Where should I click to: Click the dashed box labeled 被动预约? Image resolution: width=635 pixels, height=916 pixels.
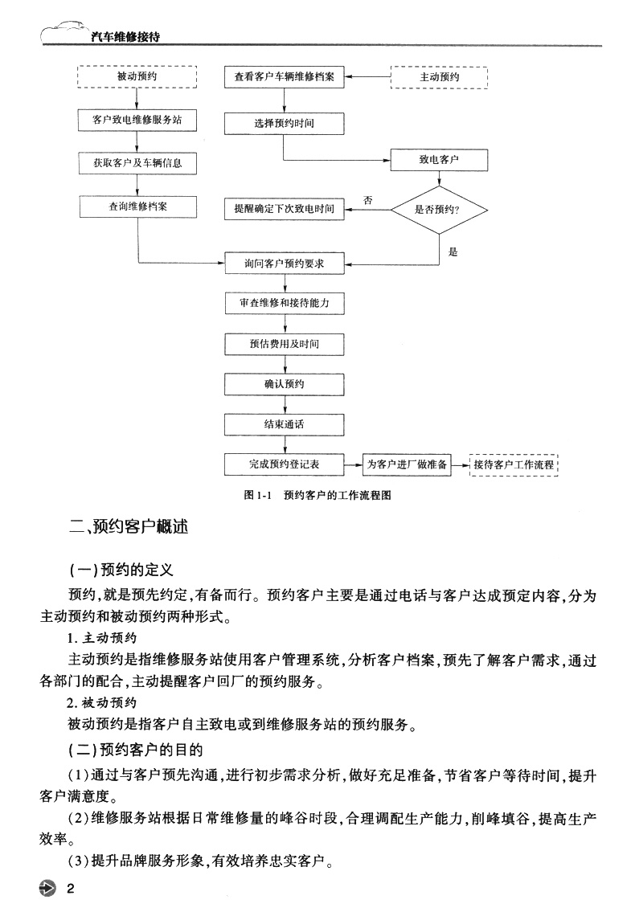tap(137, 78)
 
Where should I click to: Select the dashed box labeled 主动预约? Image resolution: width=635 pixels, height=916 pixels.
tap(439, 78)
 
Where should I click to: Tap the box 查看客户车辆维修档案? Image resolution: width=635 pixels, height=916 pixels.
tap(285, 78)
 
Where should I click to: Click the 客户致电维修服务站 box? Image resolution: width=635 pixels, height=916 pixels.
tap(137, 121)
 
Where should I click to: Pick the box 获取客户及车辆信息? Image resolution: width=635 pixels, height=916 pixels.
tap(137, 163)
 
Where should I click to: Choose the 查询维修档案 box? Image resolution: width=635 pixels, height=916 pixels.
tap(137, 206)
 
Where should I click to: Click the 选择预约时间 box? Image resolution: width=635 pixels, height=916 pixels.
tap(285, 123)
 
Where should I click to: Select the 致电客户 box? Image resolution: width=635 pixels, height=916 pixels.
tap(439, 160)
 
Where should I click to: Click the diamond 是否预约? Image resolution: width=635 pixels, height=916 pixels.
tap(439, 209)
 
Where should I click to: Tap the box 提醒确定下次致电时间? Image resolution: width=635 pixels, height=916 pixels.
tap(285, 209)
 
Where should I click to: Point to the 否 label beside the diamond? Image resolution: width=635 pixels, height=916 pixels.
tap(367, 198)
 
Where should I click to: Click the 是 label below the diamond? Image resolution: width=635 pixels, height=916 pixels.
tap(453, 252)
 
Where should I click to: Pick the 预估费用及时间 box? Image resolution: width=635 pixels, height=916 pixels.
tap(285, 344)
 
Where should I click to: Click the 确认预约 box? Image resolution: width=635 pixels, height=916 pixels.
tap(285, 384)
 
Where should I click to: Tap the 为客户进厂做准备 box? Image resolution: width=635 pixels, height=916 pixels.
tap(408, 464)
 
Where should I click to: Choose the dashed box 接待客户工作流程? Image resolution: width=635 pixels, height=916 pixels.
tap(514, 464)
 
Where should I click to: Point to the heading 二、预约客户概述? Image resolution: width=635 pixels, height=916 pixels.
tap(128, 528)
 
